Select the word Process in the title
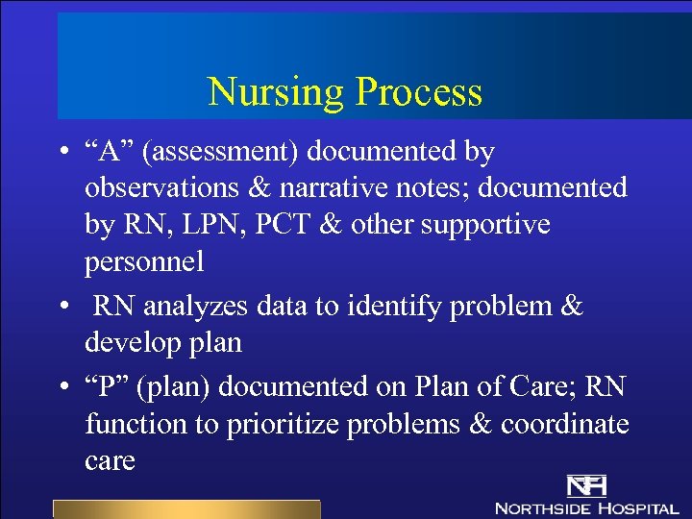(418, 92)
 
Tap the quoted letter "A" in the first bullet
(109, 152)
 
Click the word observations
(152, 188)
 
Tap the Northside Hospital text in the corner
(586, 507)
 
